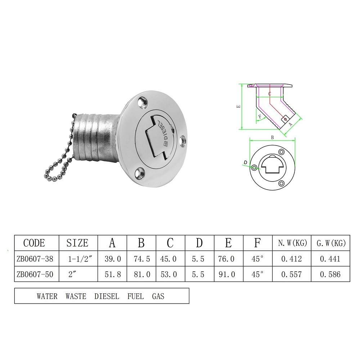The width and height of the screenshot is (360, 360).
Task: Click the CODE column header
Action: pyautogui.click(x=34, y=243)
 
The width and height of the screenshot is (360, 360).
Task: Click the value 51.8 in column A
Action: pyautogui.click(x=112, y=275)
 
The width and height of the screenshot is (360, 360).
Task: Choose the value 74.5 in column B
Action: pyautogui.click(x=141, y=259)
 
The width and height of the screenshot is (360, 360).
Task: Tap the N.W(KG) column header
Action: pyautogui.click(x=292, y=243)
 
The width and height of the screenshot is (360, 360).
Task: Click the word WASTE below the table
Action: pyautogui.click(x=76, y=297)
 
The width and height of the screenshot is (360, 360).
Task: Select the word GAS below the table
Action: pyautogui.click(x=158, y=297)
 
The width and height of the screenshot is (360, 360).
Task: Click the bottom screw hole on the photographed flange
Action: pyautogui.click(x=138, y=173)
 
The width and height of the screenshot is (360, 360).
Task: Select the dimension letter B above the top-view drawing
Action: pyautogui.click(x=272, y=137)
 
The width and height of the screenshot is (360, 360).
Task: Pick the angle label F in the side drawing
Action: pyautogui.click(x=260, y=116)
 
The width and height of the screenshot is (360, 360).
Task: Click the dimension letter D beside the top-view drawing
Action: pyautogui.click(x=245, y=163)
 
